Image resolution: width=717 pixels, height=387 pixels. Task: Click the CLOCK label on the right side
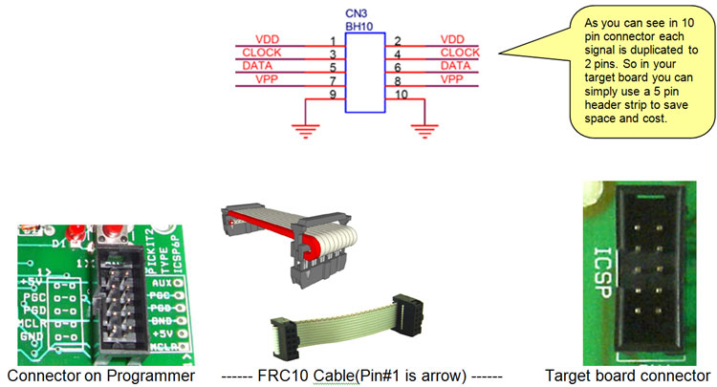coord(459,52)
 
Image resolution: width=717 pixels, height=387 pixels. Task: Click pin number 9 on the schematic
coord(331,95)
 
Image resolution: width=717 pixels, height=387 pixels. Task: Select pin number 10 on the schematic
coord(402,95)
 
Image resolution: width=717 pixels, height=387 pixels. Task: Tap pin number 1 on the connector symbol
coord(331,40)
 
